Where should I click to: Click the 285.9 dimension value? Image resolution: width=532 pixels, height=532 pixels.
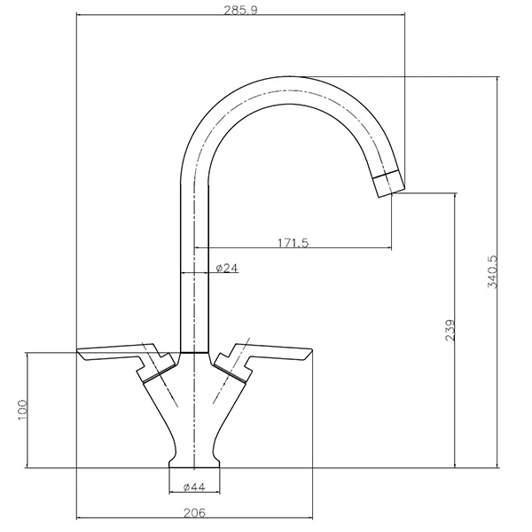pos(240,10)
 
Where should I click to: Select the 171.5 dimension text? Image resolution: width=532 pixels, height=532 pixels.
pos(293,243)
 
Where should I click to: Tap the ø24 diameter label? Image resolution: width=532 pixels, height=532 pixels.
pos(227,268)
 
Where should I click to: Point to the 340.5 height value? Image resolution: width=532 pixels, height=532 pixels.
pos(492,272)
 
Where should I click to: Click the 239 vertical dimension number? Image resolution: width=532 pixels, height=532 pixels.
pos(450,330)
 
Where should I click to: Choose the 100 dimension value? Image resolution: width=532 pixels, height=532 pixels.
pos(22,410)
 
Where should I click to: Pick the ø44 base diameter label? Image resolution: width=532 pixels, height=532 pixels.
pos(194,487)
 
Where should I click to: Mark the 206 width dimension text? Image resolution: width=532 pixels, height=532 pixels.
pos(195,512)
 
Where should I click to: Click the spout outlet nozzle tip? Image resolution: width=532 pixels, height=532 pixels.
pos(389,184)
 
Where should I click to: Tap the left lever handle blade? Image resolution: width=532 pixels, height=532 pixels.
pos(115,353)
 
